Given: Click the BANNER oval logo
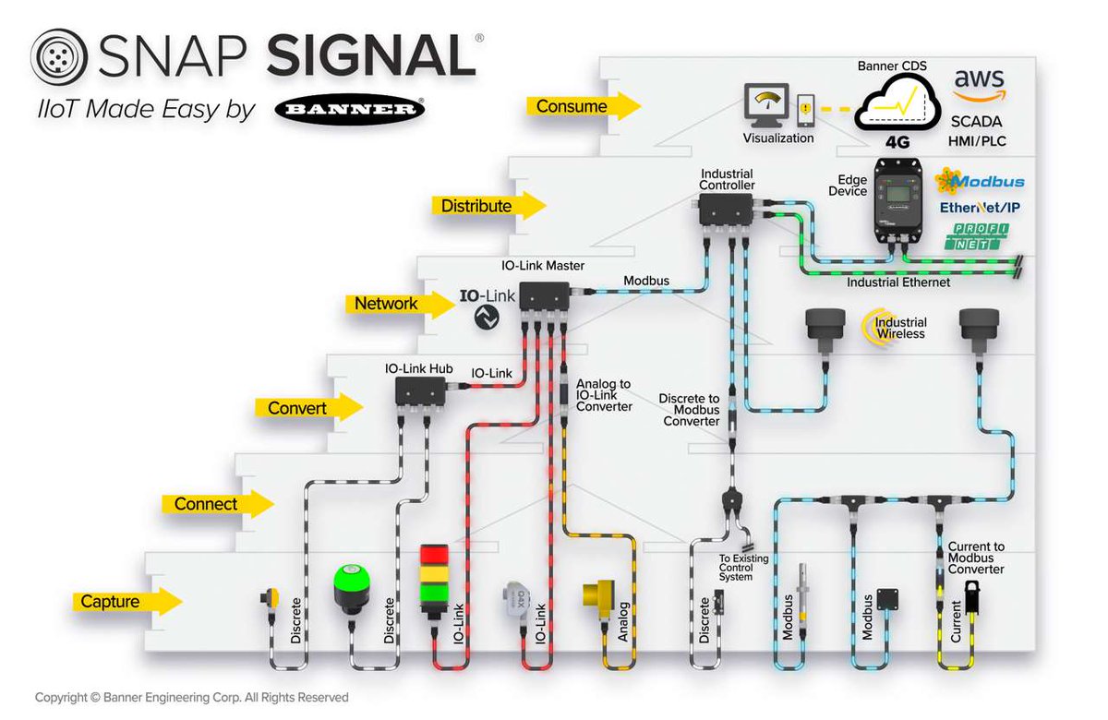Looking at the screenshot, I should pos(350,111).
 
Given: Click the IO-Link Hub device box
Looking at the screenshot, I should pos(420,391).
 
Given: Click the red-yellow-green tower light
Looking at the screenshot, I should pos(434,581).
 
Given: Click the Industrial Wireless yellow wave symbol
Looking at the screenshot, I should pos(873,328).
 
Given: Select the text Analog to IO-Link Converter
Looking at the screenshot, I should pos(604,395).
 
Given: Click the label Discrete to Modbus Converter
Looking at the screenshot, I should pos(689,410).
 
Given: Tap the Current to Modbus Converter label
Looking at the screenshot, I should pos(976,558).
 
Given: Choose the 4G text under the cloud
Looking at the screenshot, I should pos(897,143).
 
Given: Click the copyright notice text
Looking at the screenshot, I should pos(192,697).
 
